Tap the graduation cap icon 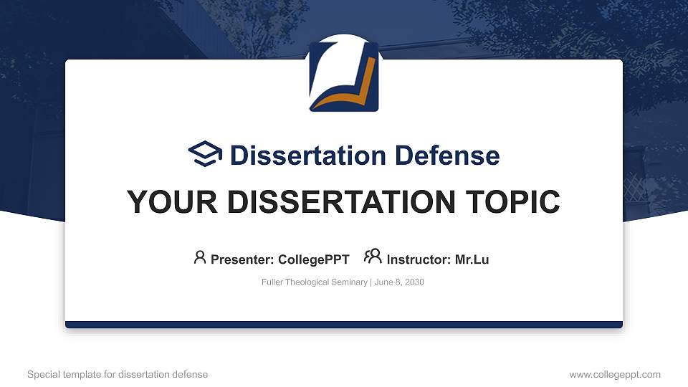(206, 154)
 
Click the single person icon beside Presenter (200, 257)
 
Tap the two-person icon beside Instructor (373, 257)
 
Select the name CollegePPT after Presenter (313, 259)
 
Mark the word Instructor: (419, 259)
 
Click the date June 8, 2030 (399, 282)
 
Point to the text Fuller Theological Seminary (315, 282)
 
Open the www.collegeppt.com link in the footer (614, 374)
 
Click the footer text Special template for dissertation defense (118, 374)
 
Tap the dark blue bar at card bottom (344, 325)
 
